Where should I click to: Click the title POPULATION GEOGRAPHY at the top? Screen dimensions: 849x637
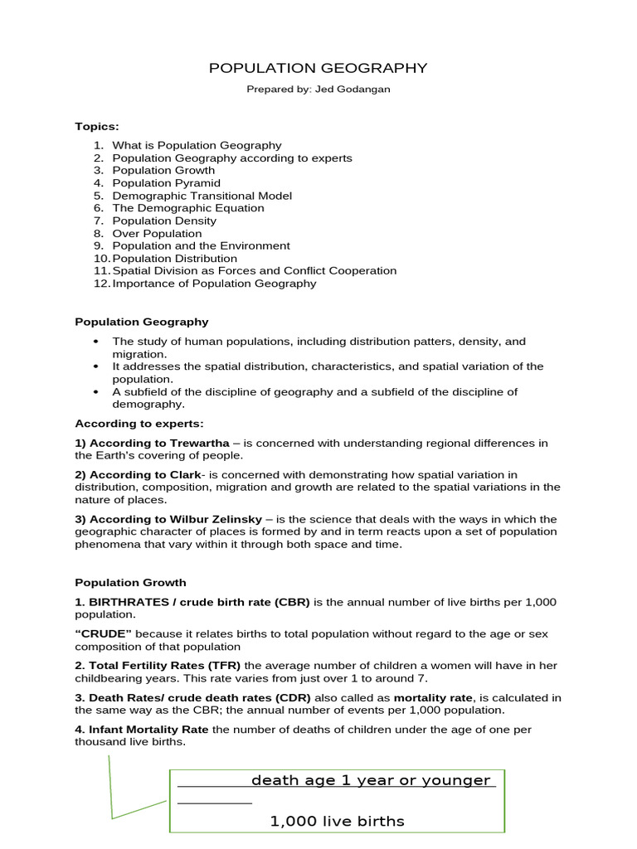pyautogui.click(x=318, y=68)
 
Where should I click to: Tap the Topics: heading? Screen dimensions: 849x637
pyautogui.click(x=97, y=126)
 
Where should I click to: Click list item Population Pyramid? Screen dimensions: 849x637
pyautogui.click(x=166, y=183)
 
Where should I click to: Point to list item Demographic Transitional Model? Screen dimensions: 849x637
pyautogui.click(x=202, y=196)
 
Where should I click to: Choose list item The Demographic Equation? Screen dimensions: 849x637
pyautogui.click(x=188, y=208)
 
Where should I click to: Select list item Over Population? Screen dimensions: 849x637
pyautogui.click(x=157, y=234)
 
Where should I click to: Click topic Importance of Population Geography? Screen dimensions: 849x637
pyautogui.click(x=214, y=284)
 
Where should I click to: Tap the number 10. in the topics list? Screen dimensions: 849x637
pyautogui.click(x=101, y=259)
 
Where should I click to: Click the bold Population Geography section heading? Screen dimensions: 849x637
pyautogui.click(x=142, y=322)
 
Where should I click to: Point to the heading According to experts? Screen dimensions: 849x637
pyautogui.click(x=139, y=424)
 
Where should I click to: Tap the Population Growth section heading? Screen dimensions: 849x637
pyautogui.click(x=130, y=583)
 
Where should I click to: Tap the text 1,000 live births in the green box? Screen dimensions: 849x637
pyautogui.click(x=337, y=822)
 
